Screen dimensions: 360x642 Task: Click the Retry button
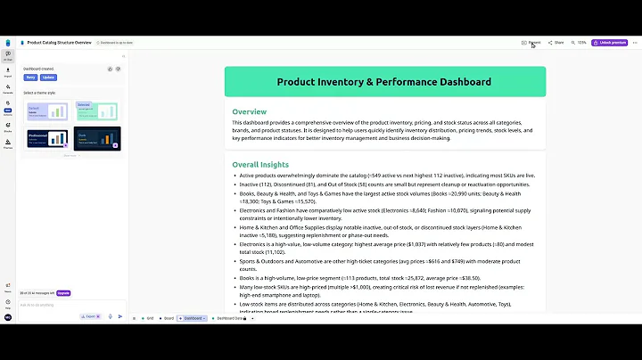click(30, 78)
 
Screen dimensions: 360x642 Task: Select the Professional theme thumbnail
click(48, 139)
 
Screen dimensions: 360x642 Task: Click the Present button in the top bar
click(531, 42)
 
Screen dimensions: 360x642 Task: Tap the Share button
click(556, 42)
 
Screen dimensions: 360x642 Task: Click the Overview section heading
click(250, 111)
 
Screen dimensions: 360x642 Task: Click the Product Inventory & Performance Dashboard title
click(383, 82)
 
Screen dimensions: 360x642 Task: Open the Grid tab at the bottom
click(148, 318)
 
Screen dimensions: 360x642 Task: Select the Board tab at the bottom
click(167, 318)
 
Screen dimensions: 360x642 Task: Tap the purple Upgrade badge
click(62, 292)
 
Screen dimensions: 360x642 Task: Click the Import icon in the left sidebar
click(8, 70)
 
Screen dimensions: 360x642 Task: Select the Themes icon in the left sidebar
click(8, 146)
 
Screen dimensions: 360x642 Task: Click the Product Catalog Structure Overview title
click(59, 42)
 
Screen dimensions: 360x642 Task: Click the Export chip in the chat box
click(89, 315)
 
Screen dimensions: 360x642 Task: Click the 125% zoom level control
click(580, 42)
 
